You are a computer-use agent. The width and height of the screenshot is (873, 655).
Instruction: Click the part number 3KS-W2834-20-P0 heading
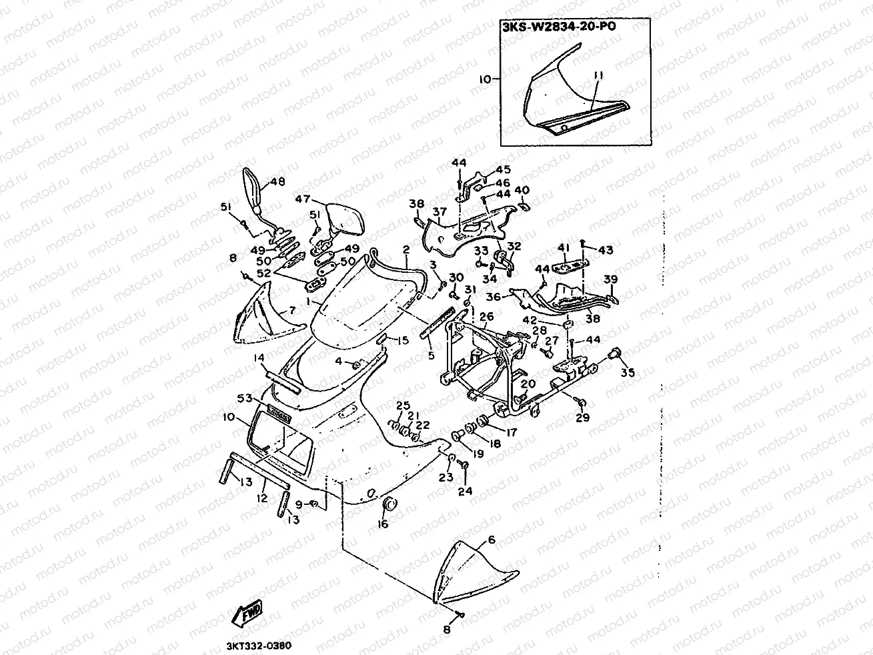click(x=559, y=29)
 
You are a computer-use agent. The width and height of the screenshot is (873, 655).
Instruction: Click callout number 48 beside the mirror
click(x=277, y=182)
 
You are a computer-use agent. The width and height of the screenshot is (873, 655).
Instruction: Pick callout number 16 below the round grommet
click(x=383, y=524)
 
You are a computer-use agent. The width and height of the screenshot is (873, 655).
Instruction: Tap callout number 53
click(x=245, y=399)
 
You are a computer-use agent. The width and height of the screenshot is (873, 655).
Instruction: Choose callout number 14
click(x=258, y=358)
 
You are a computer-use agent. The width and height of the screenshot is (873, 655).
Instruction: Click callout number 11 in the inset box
click(x=597, y=79)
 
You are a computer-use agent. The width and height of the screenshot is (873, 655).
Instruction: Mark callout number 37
click(x=439, y=212)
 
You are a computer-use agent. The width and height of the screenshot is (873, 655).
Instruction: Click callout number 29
click(x=583, y=418)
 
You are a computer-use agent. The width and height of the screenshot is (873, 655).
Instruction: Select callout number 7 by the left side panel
click(x=291, y=311)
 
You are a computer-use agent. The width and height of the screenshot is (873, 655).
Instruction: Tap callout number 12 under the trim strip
click(x=261, y=498)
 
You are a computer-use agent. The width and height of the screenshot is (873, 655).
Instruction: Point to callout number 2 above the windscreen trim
click(x=405, y=249)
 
